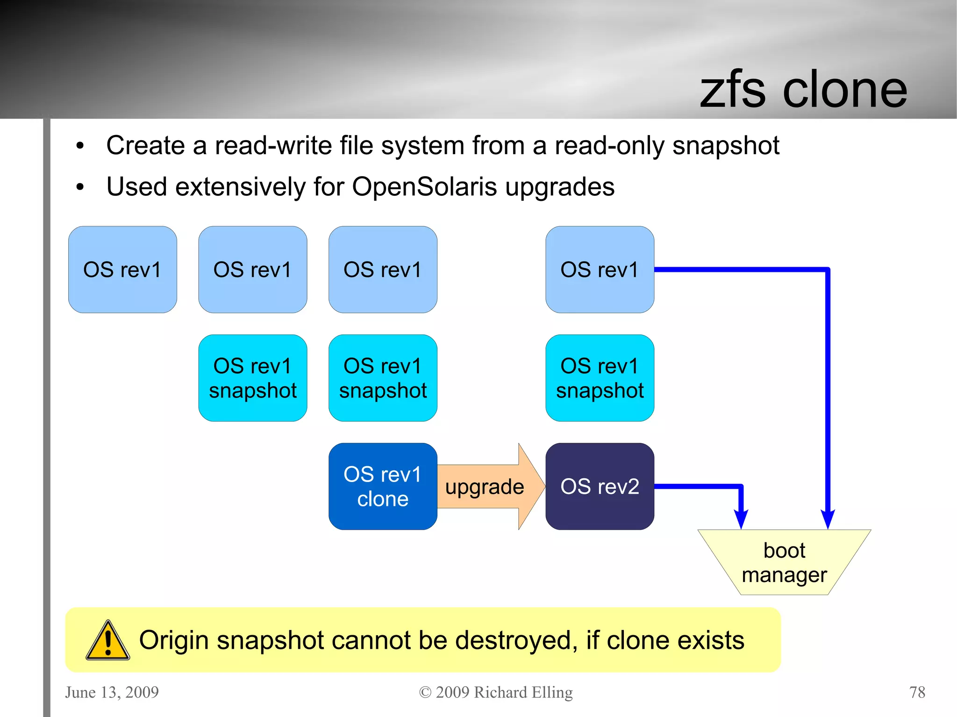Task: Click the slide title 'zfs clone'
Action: point(803,90)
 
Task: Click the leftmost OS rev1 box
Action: point(122,270)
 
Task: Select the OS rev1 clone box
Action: point(383,486)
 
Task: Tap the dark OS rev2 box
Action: point(600,486)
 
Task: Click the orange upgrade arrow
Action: point(486,487)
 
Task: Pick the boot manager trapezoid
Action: point(784,562)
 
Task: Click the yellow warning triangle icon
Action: point(108,641)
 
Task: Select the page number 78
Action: point(917,692)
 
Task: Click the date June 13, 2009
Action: point(112,692)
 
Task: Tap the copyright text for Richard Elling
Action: point(496,692)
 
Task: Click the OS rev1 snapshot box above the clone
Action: point(383,378)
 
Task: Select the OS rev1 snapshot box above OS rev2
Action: point(600,378)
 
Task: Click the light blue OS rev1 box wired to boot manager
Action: point(600,270)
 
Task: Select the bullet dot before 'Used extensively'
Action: point(80,187)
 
